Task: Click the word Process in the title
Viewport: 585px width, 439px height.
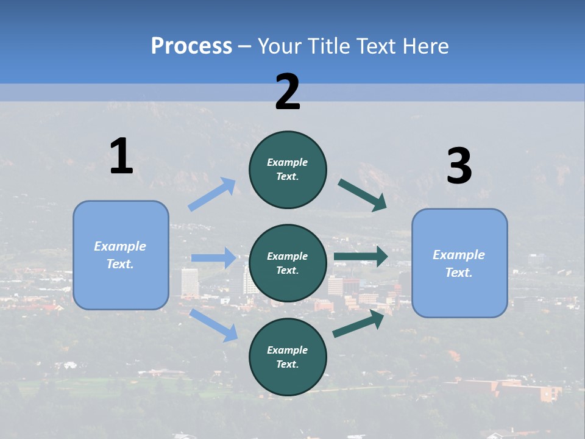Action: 191,46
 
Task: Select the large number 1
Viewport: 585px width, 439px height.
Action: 121,156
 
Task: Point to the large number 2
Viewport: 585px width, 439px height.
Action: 288,92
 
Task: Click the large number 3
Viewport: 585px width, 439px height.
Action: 459,166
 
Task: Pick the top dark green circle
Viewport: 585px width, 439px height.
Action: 288,170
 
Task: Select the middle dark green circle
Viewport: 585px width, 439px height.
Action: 288,263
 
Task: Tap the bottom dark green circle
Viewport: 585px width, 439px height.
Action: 288,357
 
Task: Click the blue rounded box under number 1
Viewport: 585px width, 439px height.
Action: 121,255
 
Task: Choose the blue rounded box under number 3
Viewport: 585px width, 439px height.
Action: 459,263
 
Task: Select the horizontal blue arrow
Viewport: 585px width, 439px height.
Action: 213,258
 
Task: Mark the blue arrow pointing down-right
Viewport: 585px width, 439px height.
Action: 214,325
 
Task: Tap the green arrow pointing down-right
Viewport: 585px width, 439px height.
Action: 363,195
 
